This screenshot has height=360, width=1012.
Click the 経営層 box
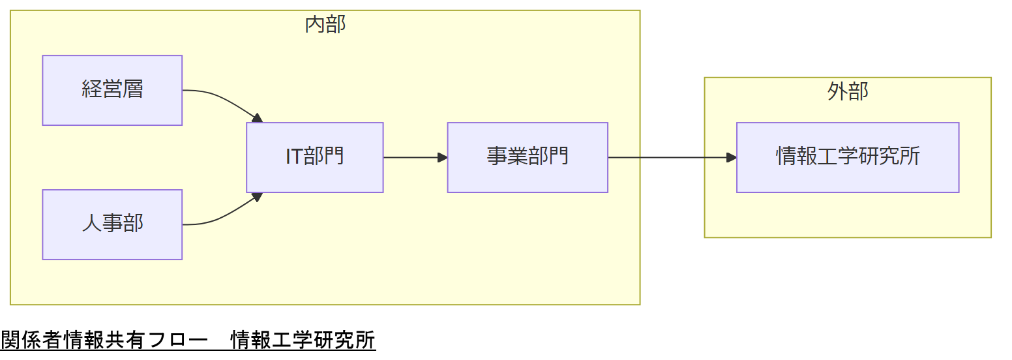(x=112, y=90)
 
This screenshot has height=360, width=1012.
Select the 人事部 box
(x=112, y=224)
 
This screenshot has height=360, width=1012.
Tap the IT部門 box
(x=314, y=157)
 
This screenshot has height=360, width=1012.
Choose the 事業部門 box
(x=527, y=157)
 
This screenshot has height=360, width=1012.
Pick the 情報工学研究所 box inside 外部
(x=847, y=157)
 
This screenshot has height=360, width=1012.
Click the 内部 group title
(x=325, y=25)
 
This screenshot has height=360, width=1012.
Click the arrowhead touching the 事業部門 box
(x=443, y=157)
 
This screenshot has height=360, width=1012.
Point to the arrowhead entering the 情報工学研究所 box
(x=732, y=157)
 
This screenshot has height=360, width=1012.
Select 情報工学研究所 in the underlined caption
(x=303, y=340)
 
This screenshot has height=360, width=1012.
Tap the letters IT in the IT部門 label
(x=293, y=157)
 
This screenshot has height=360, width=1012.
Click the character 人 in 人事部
(x=92, y=224)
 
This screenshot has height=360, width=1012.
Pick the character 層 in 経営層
(x=133, y=89)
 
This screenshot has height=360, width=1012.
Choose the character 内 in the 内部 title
(x=315, y=25)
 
